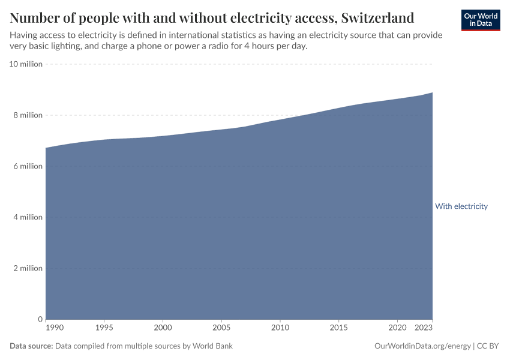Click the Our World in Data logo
click(481, 20)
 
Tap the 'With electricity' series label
click(461, 206)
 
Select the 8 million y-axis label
click(26, 115)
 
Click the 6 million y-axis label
click(26, 166)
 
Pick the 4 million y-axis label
click(26, 217)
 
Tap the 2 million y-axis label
click(26, 268)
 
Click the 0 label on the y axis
click(40, 319)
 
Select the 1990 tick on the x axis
click(54, 328)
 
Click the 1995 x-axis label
click(104, 328)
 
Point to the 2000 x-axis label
click(163, 328)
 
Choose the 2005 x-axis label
click(221, 328)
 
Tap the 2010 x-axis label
click(280, 328)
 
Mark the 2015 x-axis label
click(338, 328)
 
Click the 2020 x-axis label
click(397, 328)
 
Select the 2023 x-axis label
click(424, 328)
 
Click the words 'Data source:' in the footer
click(31, 346)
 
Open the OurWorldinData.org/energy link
click(422, 346)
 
